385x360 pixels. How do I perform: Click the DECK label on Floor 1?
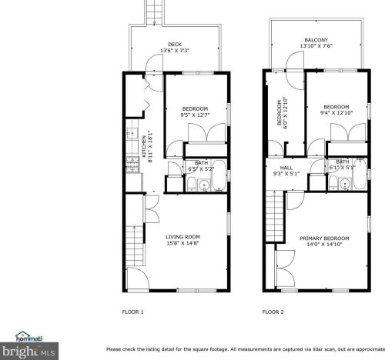pyautogui.click(x=175, y=45)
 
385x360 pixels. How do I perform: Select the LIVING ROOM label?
pyautogui.click(x=182, y=237)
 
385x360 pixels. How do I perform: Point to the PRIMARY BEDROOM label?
pyautogui.click(x=324, y=238)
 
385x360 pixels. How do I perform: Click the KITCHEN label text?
pyautogui.click(x=144, y=146)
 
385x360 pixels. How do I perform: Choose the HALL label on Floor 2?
pyautogui.click(x=286, y=168)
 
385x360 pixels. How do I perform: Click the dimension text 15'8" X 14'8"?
pyautogui.click(x=182, y=243)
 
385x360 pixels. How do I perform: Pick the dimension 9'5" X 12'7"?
pyautogui.click(x=195, y=115)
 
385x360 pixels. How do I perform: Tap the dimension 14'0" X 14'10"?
pyautogui.click(x=324, y=245)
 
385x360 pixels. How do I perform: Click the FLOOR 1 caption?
pyautogui.click(x=132, y=312)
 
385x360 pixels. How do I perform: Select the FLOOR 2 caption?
pyautogui.click(x=273, y=312)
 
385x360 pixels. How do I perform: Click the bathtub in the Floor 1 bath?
pyautogui.click(x=219, y=175)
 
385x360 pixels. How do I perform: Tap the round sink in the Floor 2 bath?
pyautogui.click(x=345, y=184)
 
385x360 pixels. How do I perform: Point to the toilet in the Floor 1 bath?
pyautogui.click(x=191, y=184)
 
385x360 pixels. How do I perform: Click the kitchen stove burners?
pyautogui.click(x=132, y=165)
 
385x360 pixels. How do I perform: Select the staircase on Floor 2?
pyautogui.click(x=274, y=215)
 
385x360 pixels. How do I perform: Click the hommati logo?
pyautogui.click(x=28, y=337)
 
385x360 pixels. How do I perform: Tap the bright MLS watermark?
pyautogui.click(x=28, y=351)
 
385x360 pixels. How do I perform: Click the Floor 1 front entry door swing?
pyautogui.click(x=138, y=278)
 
